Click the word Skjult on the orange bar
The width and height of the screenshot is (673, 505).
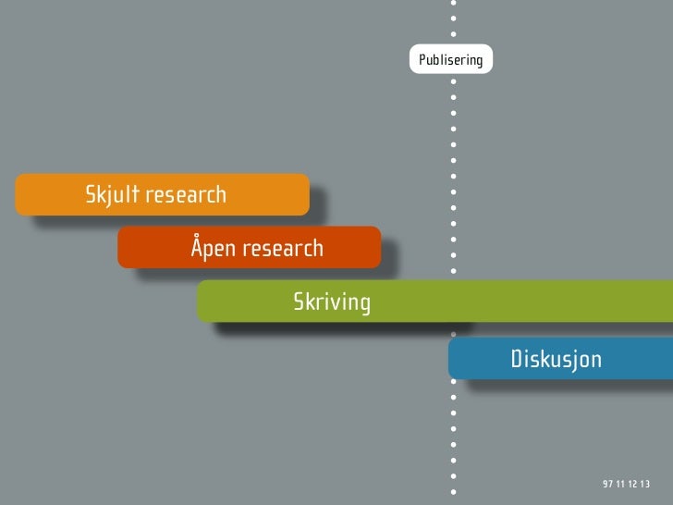(112, 195)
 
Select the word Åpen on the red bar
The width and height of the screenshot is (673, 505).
(213, 248)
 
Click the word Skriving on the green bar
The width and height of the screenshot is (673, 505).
(332, 302)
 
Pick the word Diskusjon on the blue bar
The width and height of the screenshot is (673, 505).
(556, 358)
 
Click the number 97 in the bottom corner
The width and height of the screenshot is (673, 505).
(607, 486)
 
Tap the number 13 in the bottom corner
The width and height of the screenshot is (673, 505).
(643, 486)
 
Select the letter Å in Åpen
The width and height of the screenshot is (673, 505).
(197, 247)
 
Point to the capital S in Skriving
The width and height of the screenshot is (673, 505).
(300, 302)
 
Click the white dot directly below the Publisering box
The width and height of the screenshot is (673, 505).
(453, 80)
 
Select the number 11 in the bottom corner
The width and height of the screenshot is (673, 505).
(619, 486)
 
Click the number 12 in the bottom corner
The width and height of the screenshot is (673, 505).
(631, 486)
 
